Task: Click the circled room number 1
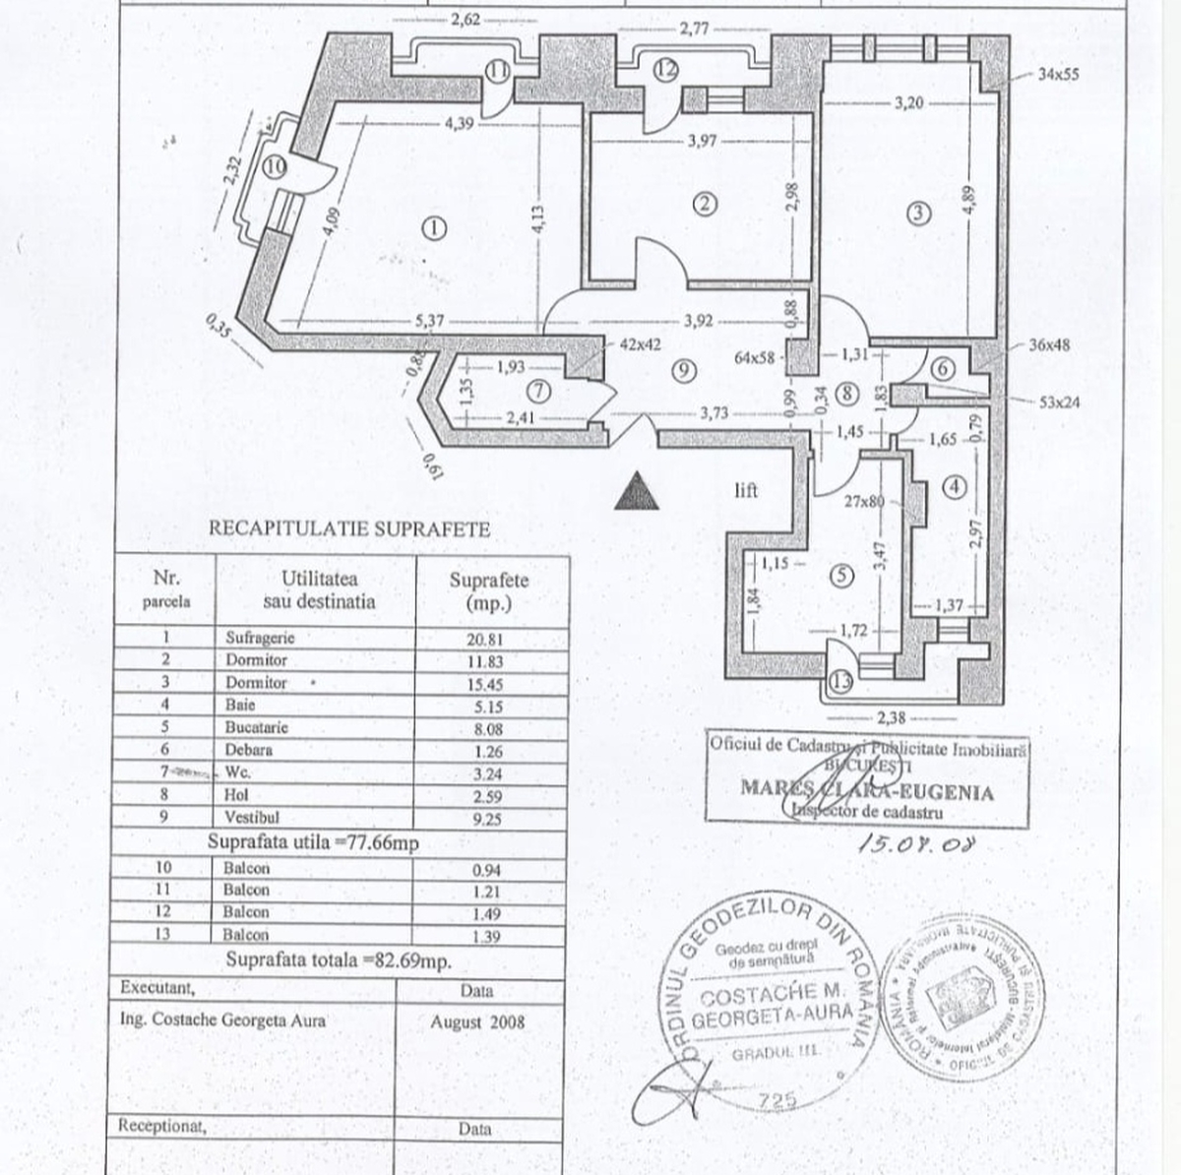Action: coord(433,228)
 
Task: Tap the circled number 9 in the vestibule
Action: coord(686,369)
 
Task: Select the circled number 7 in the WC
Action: coord(539,391)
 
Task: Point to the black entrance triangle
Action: coord(637,491)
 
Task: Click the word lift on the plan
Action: coord(745,490)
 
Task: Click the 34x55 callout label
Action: coord(1058,73)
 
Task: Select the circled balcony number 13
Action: coord(839,680)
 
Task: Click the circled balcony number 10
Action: coord(276,166)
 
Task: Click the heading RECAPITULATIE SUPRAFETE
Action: coord(349,528)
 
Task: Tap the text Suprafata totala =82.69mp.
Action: coord(339,960)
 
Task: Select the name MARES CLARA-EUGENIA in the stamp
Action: coord(866,791)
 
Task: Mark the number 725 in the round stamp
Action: coord(777,1102)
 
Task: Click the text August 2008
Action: coord(477,1021)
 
